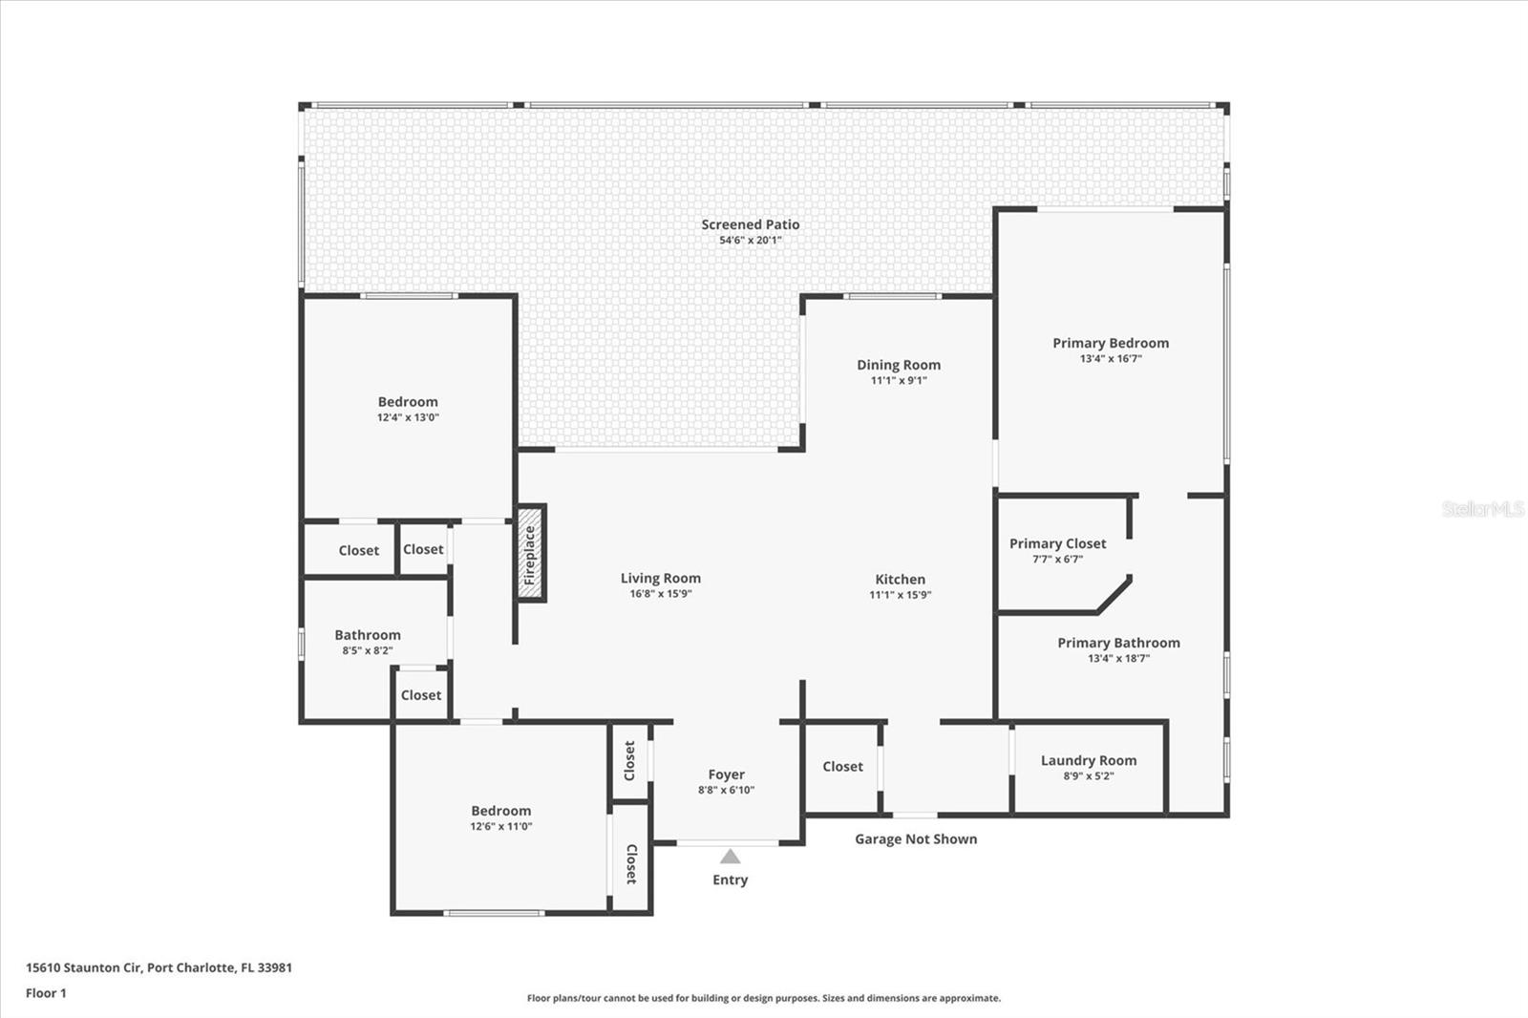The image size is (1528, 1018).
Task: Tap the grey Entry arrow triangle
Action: click(x=730, y=857)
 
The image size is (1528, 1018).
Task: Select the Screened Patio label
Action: click(x=751, y=224)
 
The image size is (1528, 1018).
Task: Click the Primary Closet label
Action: click(x=1057, y=543)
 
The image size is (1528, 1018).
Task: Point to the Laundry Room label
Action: click(x=1089, y=760)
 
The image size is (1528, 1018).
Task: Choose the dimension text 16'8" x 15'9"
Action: click(x=660, y=594)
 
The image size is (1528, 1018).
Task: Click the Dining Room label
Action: click(x=899, y=365)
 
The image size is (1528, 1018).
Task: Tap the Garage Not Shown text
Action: click(x=916, y=838)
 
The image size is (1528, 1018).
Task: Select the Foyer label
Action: click(x=726, y=774)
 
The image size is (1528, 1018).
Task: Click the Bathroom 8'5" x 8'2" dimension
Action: click(x=368, y=651)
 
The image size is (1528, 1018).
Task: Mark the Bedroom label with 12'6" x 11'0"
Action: click(x=500, y=811)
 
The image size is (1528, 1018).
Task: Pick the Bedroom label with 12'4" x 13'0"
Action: click(x=408, y=402)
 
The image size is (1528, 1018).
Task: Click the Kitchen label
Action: click(x=900, y=579)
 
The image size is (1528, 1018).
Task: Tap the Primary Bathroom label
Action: click(x=1118, y=643)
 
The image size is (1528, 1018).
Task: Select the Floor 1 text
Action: click(x=46, y=993)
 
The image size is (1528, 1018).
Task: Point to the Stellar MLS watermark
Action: click(x=1483, y=509)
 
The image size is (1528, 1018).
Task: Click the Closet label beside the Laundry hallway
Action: click(x=842, y=766)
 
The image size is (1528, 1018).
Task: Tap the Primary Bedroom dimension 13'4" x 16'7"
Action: click(x=1111, y=359)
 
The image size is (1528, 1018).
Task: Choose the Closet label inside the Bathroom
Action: click(x=420, y=695)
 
